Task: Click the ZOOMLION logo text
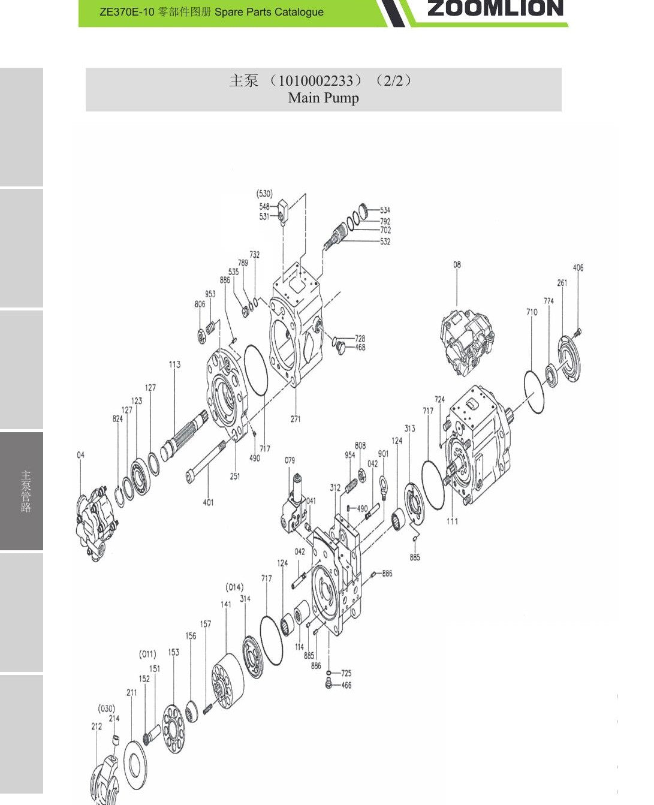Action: click(x=495, y=8)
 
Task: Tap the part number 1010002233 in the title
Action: click(x=315, y=80)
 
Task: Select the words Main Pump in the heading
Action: click(x=323, y=98)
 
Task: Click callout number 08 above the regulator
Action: click(x=457, y=264)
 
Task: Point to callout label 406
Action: click(x=578, y=267)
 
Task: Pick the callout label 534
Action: click(x=385, y=210)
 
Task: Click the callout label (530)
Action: click(x=264, y=194)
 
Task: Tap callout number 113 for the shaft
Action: click(x=174, y=364)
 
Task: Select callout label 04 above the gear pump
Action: click(x=80, y=455)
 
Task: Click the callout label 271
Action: click(x=296, y=419)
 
